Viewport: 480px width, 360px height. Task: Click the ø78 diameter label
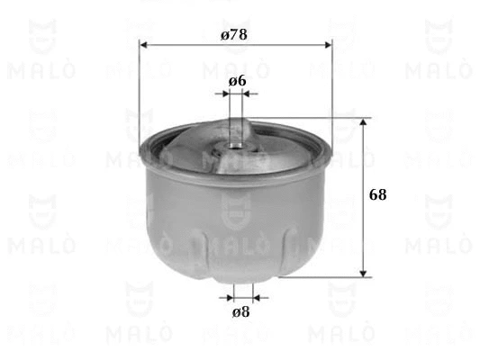233,34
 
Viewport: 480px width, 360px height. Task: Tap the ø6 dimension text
238,80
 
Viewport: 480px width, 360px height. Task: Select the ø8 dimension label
240,312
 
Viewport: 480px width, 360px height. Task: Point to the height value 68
377,194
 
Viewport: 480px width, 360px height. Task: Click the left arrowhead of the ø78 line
143,44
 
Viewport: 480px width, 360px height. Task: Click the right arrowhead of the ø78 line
328,44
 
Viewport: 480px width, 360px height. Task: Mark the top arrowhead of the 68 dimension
363,121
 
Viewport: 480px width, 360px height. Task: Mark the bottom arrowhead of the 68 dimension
363,273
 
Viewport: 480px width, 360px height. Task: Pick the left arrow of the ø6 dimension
225,93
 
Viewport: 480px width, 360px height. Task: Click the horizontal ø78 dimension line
270,44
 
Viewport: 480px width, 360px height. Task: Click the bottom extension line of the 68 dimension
324,277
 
